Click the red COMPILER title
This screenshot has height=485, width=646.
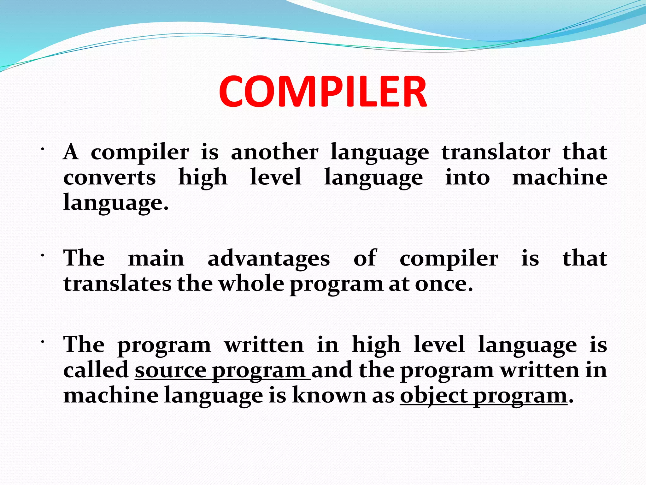323,92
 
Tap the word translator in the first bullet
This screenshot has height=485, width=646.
496,153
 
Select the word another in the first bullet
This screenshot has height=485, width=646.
274,153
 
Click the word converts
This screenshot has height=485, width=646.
109,178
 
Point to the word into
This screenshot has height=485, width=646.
467,178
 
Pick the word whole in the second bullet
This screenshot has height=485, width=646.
251,284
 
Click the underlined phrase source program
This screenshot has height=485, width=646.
222,370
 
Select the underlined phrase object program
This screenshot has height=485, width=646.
484,396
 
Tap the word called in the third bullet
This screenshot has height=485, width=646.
96,370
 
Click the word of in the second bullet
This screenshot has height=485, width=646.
365,258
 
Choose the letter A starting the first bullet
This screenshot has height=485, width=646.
71,152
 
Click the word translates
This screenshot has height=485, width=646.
117,284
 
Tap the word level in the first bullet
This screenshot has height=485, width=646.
275,177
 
